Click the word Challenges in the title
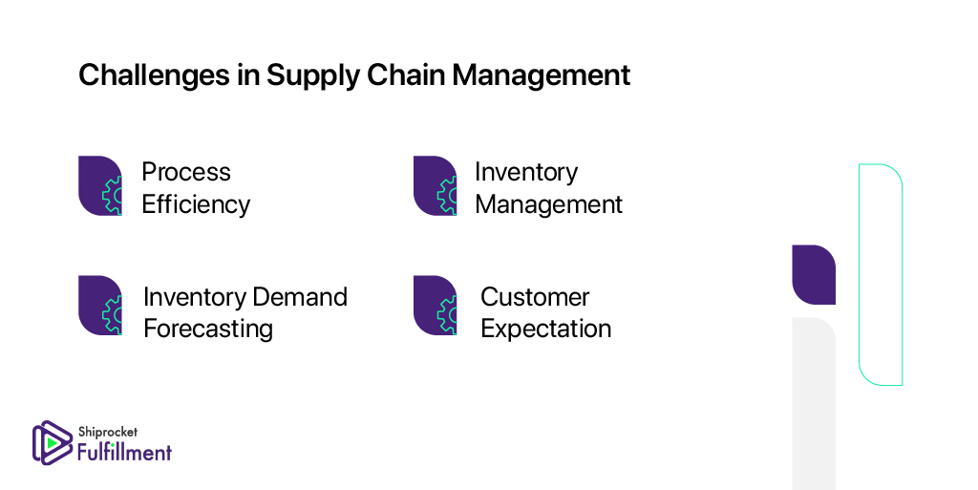click(x=154, y=76)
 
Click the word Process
click(x=186, y=172)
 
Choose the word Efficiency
click(x=196, y=204)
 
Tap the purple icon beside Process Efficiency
click(x=100, y=185)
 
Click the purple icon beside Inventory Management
click(x=436, y=185)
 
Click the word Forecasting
click(x=208, y=330)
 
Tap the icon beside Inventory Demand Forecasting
click(x=100, y=306)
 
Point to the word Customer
click(x=535, y=297)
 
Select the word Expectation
click(x=545, y=330)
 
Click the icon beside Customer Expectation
click(x=436, y=306)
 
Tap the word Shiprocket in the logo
click(x=108, y=432)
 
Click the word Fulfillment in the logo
click(x=125, y=452)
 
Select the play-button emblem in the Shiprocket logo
click(x=53, y=443)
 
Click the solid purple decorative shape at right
click(x=814, y=275)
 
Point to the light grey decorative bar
click(x=814, y=404)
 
